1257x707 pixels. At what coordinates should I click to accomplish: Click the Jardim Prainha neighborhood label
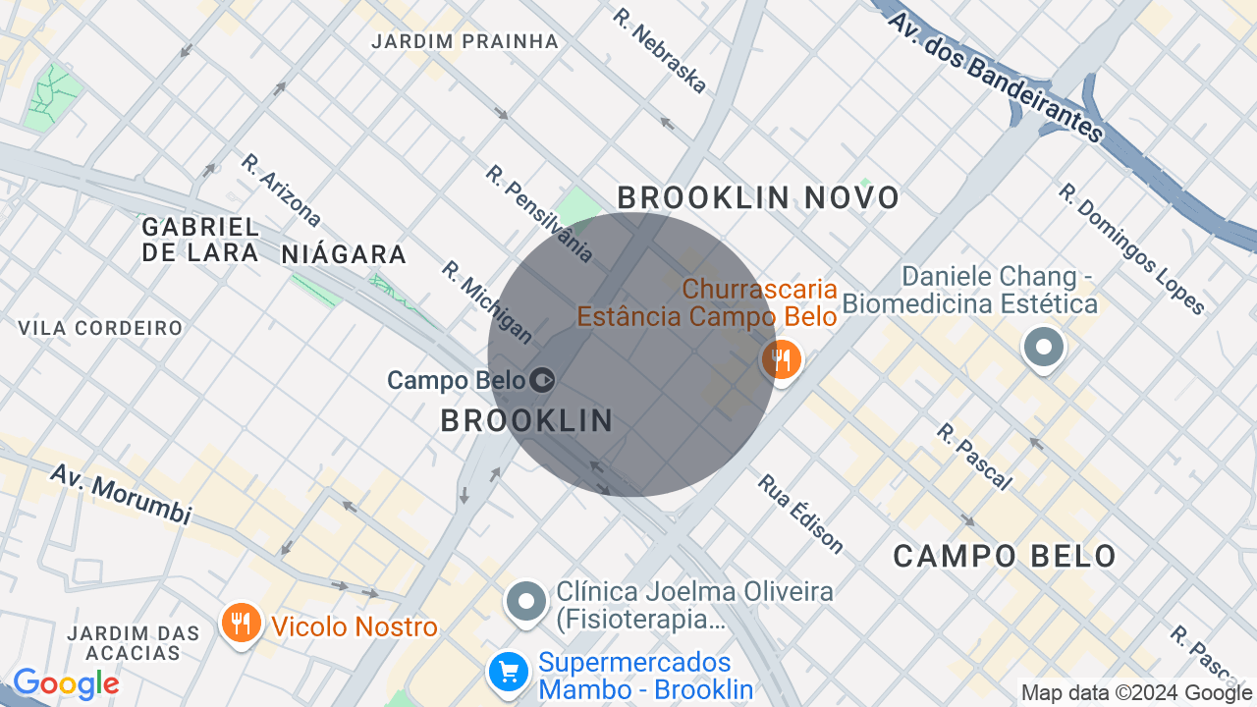(x=465, y=41)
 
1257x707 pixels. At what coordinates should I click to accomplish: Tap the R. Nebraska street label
(x=659, y=51)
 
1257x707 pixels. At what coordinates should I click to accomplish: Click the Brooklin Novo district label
(x=758, y=198)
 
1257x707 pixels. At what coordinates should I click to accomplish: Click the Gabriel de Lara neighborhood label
(x=201, y=240)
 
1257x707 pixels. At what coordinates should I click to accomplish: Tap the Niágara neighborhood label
(x=344, y=255)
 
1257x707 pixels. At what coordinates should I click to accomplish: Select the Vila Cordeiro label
(x=100, y=328)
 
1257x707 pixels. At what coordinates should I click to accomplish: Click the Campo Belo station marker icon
(x=542, y=379)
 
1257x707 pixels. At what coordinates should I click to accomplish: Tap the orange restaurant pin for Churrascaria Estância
(x=782, y=359)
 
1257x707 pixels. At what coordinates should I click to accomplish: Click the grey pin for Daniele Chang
(x=1044, y=348)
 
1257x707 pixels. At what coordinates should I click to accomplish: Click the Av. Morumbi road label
(x=120, y=494)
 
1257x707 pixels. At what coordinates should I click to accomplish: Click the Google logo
(x=66, y=683)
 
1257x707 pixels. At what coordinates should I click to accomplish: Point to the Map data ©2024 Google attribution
(x=1137, y=693)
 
